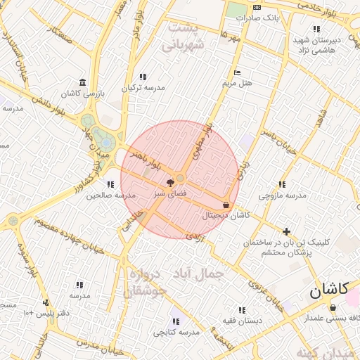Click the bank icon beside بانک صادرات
point(256,8)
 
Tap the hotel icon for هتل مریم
point(237,72)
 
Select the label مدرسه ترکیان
point(144,88)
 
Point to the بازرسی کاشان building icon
point(83,82)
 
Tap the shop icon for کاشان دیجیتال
point(225,205)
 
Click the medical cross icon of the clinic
point(286,231)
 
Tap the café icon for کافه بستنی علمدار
point(333,307)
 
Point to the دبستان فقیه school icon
point(241,309)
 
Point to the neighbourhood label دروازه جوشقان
point(148,281)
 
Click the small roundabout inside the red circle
point(181,179)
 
